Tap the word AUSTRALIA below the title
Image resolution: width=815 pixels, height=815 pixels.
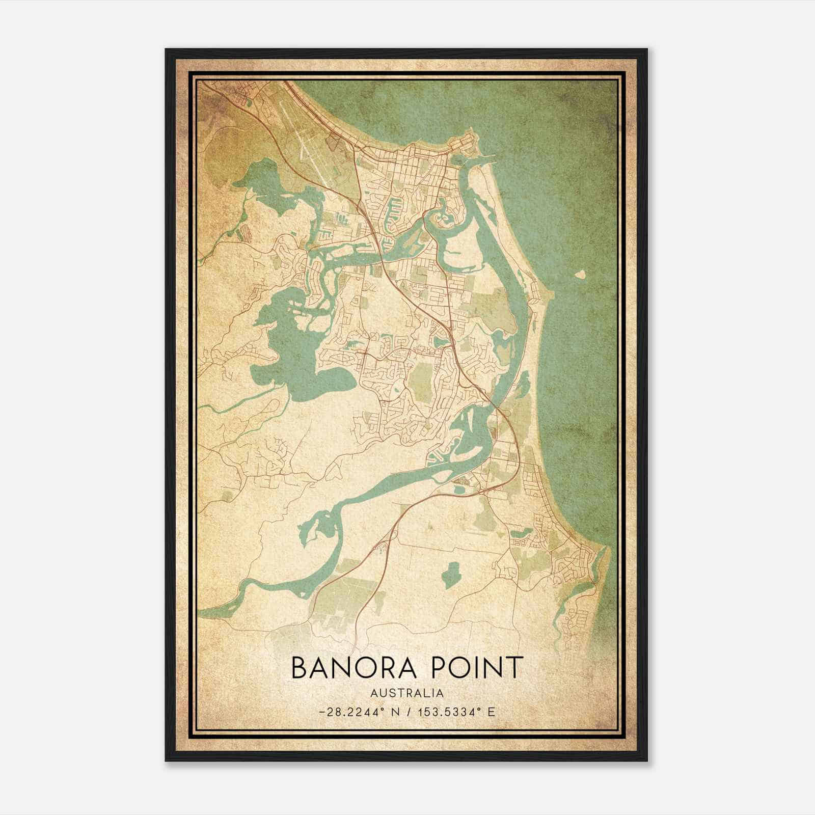[406, 693]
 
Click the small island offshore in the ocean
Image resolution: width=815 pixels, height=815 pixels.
[580, 275]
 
